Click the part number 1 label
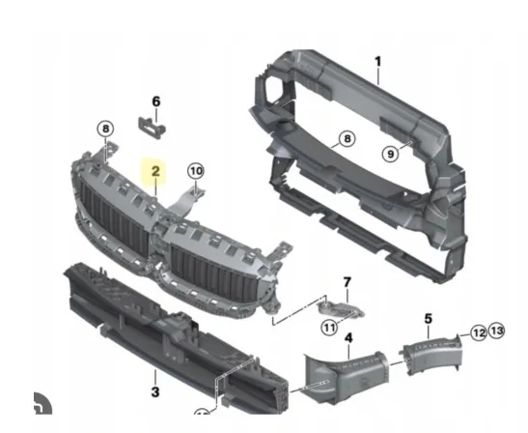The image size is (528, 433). click(x=378, y=62)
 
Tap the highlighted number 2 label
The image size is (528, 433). click(x=154, y=173)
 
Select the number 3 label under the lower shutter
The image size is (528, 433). click(x=154, y=391)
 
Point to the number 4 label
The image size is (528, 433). click(x=348, y=338)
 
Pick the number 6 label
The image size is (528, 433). click(x=155, y=101)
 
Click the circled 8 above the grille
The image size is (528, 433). click(x=105, y=129)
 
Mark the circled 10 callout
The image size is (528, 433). click(x=196, y=171)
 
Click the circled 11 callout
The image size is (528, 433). click(x=328, y=328)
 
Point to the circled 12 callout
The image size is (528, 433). click(x=478, y=332)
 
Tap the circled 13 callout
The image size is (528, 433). click(x=496, y=332)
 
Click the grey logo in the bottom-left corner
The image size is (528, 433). click(x=41, y=404)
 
